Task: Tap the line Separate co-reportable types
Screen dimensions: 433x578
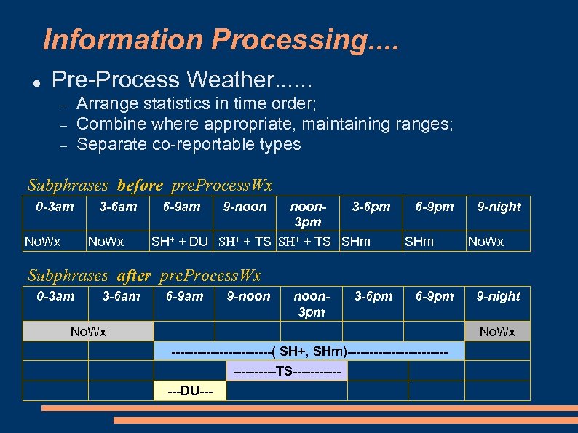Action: (189, 144)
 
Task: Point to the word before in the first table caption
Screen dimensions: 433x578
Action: (140, 186)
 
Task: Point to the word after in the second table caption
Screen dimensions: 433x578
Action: (133, 276)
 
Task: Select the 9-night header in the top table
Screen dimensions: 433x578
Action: (499, 207)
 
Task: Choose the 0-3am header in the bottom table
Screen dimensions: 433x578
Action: (55, 296)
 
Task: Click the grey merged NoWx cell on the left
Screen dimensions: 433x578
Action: (88, 332)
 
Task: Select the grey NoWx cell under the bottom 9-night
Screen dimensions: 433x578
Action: (497, 332)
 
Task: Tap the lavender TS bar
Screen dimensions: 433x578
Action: (287, 372)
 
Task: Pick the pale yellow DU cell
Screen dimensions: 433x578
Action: (190, 392)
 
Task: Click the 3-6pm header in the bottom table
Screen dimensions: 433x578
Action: (373, 296)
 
